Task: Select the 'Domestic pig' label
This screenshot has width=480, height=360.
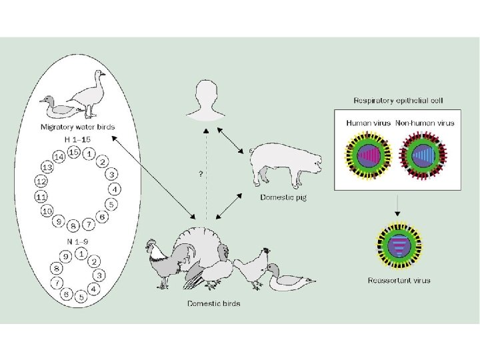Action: [283, 198]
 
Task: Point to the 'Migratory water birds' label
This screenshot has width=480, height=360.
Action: [78, 127]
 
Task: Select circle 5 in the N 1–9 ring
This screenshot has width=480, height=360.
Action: [80, 298]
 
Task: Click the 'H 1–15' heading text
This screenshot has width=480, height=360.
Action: [77, 139]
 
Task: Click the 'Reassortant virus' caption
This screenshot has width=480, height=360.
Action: [399, 280]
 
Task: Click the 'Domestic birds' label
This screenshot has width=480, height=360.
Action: [213, 304]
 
